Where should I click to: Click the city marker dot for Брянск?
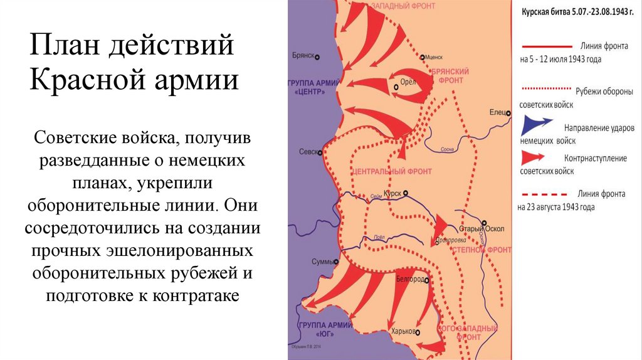pyautogui.click(x=317, y=56)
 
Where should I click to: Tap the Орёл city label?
pyautogui.click(x=407, y=81)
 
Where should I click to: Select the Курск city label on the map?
pyautogui.click(x=393, y=193)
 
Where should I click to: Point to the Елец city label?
pyautogui.click(x=497, y=112)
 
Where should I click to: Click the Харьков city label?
pyautogui.click(x=403, y=332)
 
